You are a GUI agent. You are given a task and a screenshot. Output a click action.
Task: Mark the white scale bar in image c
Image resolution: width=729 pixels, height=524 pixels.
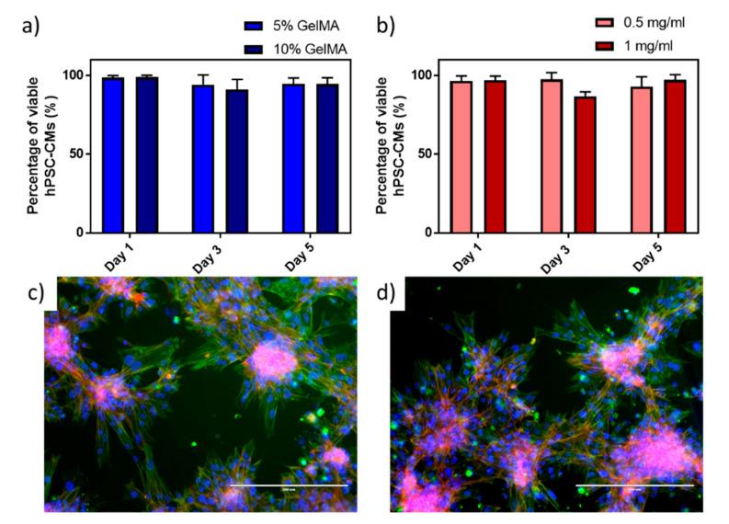tap(288, 484)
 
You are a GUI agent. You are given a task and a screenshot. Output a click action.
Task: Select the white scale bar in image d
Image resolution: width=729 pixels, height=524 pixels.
tap(634, 484)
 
